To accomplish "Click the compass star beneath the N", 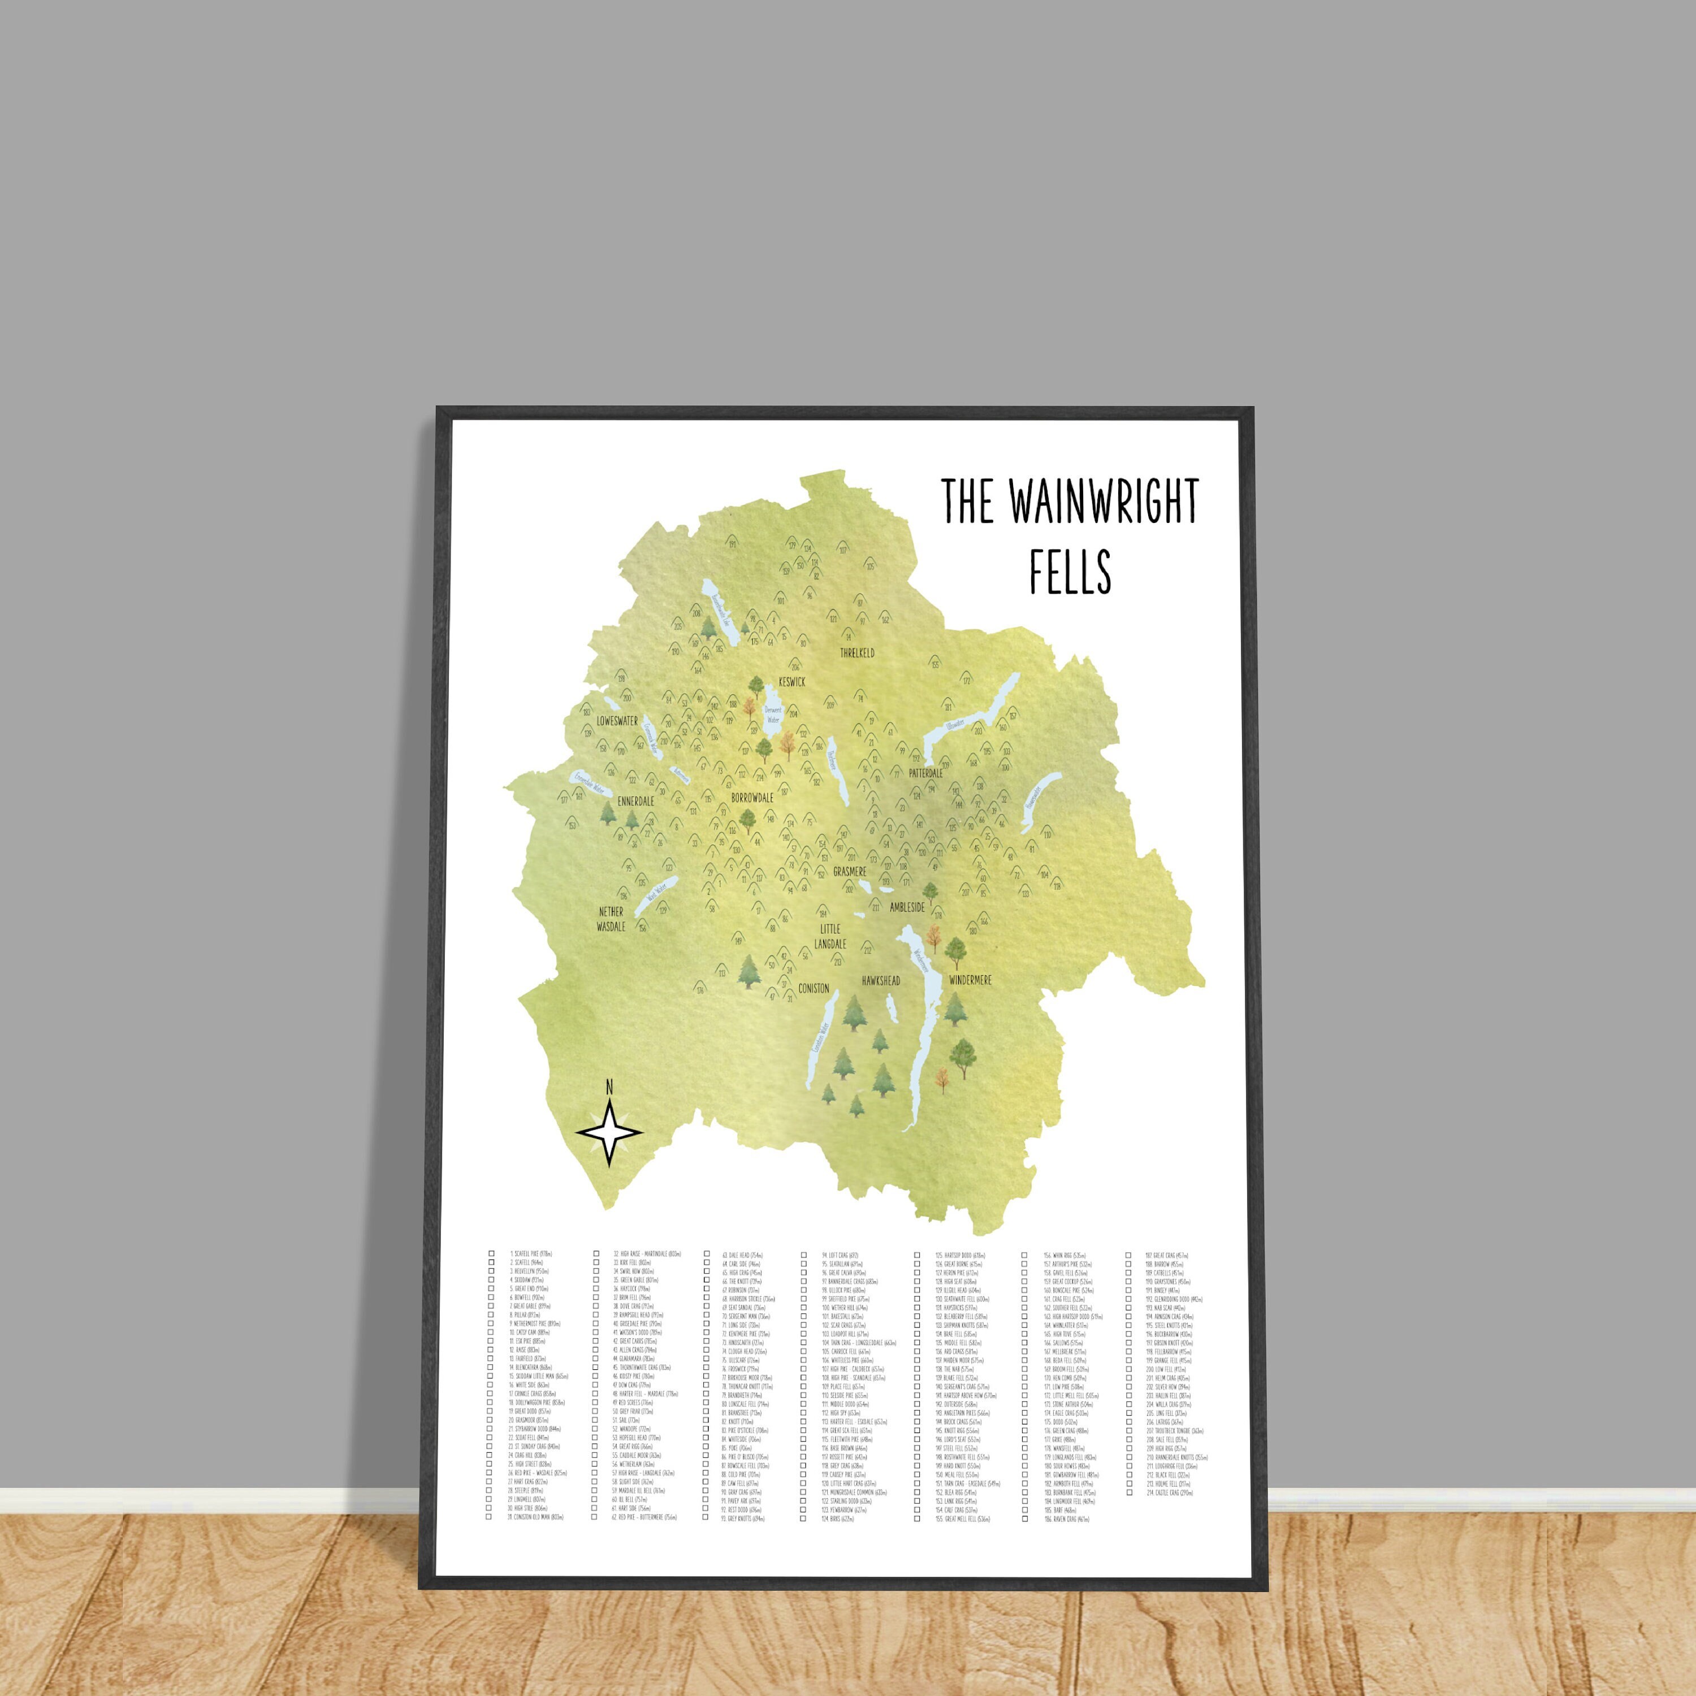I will tap(609, 1134).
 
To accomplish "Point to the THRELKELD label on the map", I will tap(858, 653).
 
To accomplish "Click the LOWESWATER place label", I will tap(617, 721).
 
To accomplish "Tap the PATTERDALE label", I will tap(925, 773).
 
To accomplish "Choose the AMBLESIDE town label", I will tap(907, 907).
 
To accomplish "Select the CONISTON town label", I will tap(814, 988).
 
